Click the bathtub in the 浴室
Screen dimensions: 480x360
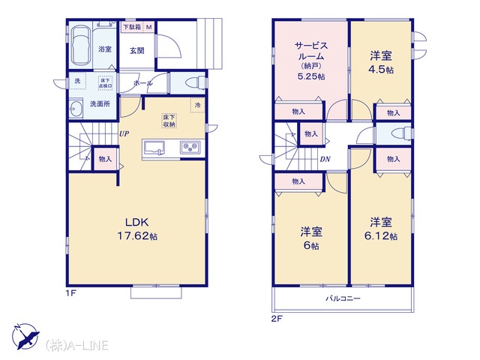(81, 46)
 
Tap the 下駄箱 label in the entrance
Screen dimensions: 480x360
(132, 27)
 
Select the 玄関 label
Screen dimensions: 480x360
(136, 50)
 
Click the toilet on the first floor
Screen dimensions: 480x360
(196, 82)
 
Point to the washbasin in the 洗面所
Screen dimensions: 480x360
(76, 108)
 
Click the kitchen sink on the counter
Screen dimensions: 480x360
(154, 148)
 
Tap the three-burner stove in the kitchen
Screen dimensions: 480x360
(190, 148)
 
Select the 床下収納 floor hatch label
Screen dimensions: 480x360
(169, 121)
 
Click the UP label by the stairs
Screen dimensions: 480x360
(124, 133)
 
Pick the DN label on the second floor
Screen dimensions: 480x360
(325, 159)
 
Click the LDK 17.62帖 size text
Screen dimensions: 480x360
(137, 229)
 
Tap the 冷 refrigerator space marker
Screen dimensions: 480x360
(197, 105)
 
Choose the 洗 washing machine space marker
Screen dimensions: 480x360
(77, 81)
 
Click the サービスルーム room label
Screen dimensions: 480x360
(311, 51)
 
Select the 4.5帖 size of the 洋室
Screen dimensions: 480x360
(381, 70)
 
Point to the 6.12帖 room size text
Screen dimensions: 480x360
(381, 236)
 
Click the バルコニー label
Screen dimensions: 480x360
(343, 298)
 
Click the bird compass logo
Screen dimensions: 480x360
(25, 336)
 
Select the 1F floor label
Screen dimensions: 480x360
(70, 293)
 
